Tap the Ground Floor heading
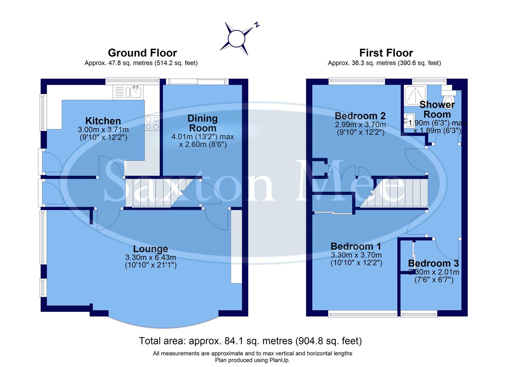click(x=142, y=53)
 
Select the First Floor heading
click(x=386, y=53)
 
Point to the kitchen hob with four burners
click(x=152, y=123)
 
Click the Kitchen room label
click(x=103, y=121)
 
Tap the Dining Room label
click(x=203, y=123)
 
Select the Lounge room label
click(x=150, y=249)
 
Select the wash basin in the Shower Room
click(x=408, y=121)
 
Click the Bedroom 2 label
click(x=360, y=116)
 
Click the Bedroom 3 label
click(x=433, y=263)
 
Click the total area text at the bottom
click(x=250, y=341)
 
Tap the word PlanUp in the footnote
click(x=280, y=360)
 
